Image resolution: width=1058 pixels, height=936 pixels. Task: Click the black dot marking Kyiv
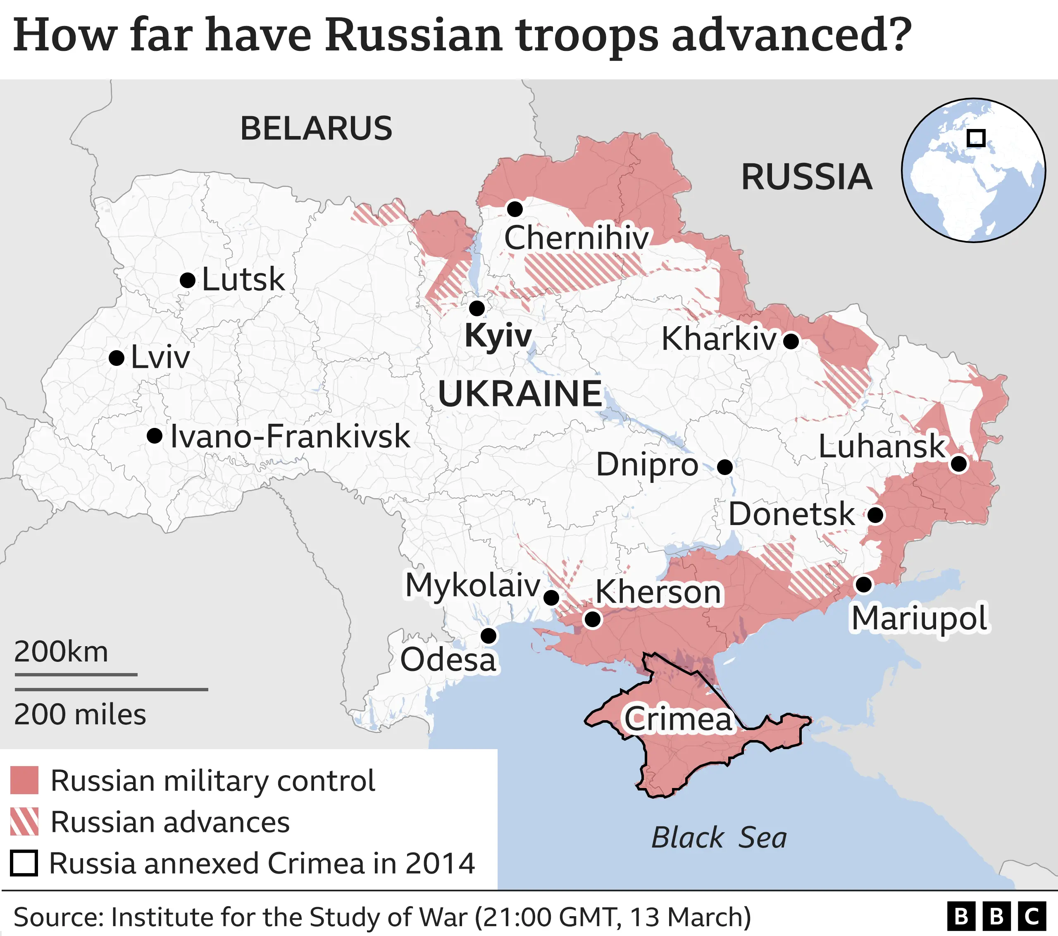click(x=477, y=308)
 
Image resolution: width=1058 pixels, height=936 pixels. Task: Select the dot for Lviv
click(x=117, y=358)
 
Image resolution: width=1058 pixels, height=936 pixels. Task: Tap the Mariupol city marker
click(x=863, y=585)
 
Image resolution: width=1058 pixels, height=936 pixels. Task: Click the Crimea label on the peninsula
click(x=678, y=719)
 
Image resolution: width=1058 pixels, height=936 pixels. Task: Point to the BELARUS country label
click(x=316, y=129)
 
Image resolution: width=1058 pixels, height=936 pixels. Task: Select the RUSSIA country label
click(x=806, y=177)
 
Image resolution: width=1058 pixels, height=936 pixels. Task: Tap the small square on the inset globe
click(x=976, y=138)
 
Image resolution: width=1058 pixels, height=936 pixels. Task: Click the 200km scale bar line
click(x=76, y=675)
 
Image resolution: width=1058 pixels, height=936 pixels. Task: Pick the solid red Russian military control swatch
click(x=24, y=780)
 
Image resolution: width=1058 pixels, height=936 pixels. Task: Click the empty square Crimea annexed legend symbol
click(x=24, y=863)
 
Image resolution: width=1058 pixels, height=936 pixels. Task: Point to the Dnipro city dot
click(x=724, y=467)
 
